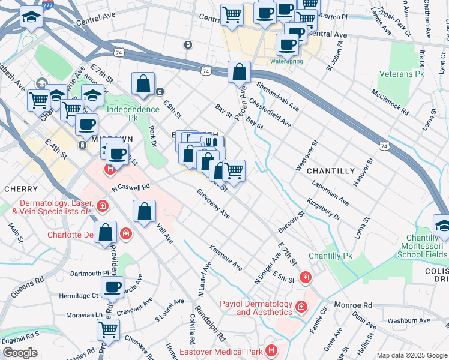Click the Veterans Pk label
[x=402, y=74]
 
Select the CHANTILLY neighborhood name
[x=331, y=171]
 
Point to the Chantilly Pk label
[x=330, y=256]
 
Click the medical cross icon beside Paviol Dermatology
[x=301, y=307]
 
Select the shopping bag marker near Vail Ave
[x=144, y=212]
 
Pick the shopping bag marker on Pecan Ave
[x=239, y=73]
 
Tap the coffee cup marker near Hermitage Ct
[x=112, y=287]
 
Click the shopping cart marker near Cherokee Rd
[x=108, y=329]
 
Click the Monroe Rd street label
[x=354, y=305]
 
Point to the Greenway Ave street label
[x=214, y=204]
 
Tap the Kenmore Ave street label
[x=226, y=257]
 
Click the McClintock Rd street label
[x=390, y=103]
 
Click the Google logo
[x=20, y=353]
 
